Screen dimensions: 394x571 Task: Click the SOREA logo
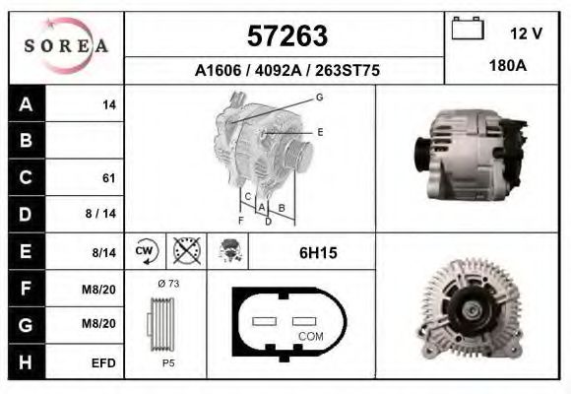click(66, 46)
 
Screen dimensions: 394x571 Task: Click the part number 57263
click(285, 36)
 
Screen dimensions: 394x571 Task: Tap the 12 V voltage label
click(526, 33)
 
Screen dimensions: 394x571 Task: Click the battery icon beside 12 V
click(467, 31)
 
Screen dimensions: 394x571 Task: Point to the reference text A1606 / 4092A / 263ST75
click(286, 71)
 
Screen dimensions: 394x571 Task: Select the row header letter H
click(27, 361)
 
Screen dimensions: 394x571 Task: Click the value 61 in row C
click(109, 178)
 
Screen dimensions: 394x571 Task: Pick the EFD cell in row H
click(104, 362)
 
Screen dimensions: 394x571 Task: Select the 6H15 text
click(318, 253)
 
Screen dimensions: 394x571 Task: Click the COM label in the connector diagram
click(309, 337)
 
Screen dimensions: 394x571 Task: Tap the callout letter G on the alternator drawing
click(319, 97)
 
